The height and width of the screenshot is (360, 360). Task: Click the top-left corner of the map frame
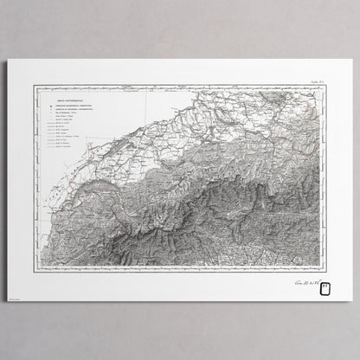coord(35,86)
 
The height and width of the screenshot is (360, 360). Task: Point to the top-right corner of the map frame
coord(325,86)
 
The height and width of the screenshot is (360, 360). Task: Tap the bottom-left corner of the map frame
coord(35,271)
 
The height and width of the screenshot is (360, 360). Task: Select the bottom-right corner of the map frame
coord(325,271)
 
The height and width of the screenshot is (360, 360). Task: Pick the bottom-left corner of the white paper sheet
coord(9,301)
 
